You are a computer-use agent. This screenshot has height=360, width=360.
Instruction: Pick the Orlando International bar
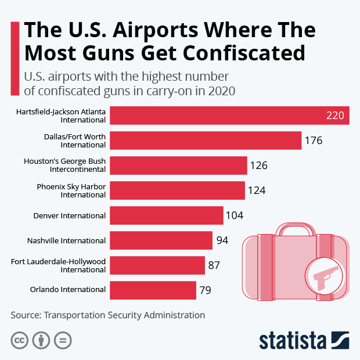[x=153, y=290]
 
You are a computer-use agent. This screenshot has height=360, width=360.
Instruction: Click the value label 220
[x=335, y=116]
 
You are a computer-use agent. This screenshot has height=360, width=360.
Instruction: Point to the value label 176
[x=313, y=141]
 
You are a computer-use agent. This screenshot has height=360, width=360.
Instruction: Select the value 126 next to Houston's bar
[x=258, y=165]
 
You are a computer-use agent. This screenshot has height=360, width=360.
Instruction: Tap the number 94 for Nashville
[x=222, y=240]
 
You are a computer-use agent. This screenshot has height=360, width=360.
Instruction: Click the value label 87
[x=214, y=265]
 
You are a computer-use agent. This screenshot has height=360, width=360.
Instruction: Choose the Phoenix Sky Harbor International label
[x=71, y=190]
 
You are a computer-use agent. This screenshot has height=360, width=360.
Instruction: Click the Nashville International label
[x=66, y=240]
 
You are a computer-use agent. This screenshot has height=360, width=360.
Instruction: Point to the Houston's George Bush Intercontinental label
[x=64, y=165]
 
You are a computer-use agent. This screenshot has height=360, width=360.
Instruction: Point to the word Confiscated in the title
[x=243, y=52]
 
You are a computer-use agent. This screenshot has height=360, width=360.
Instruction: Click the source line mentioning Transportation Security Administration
[x=107, y=315]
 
